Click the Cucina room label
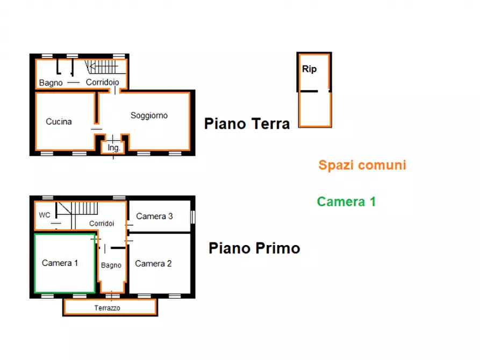click(x=59, y=121)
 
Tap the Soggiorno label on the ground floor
click(x=149, y=116)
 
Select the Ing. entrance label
click(x=113, y=148)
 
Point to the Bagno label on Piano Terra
click(x=51, y=83)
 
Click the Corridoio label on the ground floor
click(x=102, y=82)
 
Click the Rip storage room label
click(x=309, y=69)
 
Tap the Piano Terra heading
click(x=247, y=124)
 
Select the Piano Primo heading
click(x=254, y=248)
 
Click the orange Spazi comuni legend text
click(x=362, y=165)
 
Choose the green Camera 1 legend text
click(x=346, y=201)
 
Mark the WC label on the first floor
click(x=45, y=215)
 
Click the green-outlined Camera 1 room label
click(x=60, y=263)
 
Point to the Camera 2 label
click(x=153, y=264)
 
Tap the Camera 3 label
click(x=154, y=217)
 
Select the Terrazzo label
click(x=107, y=308)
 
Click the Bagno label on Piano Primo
click(x=111, y=265)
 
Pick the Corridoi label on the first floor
click(x=102, y=224)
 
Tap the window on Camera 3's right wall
click(x=193, y=217)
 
